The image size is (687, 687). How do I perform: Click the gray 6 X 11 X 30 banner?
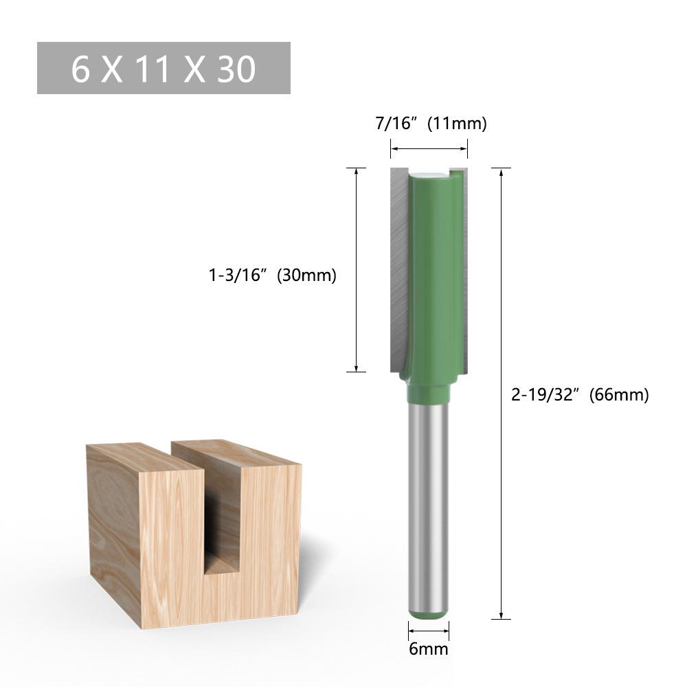coord(164,68)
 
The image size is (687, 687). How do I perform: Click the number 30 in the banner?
coord(236,69)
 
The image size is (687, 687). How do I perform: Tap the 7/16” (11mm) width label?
coord(429,124)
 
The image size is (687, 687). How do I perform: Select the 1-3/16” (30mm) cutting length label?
coord(273,275)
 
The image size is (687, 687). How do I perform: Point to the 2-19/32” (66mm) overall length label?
coord(580,394)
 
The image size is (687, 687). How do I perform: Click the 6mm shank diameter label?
coord(429,649)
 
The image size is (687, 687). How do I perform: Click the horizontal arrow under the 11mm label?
coord(429,148)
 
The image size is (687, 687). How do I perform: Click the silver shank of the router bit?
coord(429,502)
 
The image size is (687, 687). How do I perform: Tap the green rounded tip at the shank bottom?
coord(429,611)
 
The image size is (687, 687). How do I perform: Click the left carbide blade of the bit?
coord(398,268)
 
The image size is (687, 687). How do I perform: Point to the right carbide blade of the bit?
coord(466,268)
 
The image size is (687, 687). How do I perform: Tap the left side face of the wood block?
coord(113,529)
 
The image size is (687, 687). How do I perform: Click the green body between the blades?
coord(433,275)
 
